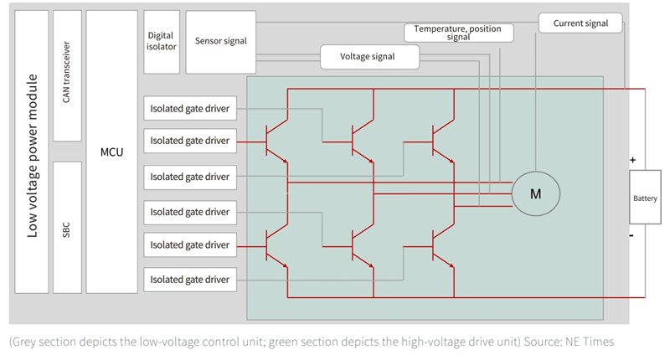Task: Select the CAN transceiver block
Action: pos(67,76)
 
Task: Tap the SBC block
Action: pos(67,227)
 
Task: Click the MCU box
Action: pos(112,152)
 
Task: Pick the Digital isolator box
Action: pos(161,41)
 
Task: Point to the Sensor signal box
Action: pos(221,41)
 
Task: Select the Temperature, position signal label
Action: pos(458,33)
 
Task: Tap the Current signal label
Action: pos(580,23)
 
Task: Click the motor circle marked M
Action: pos(536,193)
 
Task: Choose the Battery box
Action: pos(645,198)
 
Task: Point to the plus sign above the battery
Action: pos(632,159)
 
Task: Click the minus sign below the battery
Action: pos(632,236)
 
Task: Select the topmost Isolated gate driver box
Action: pos(190,108)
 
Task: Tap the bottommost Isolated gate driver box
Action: pos(190,279)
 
